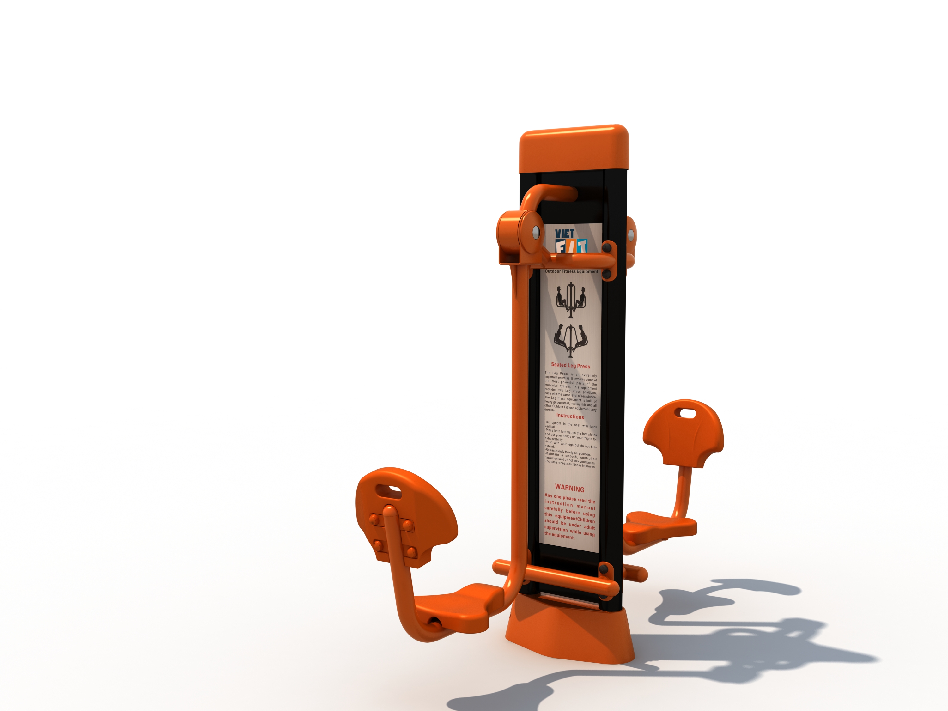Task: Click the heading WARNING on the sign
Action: point(569,488)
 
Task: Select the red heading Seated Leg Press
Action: point(570,366)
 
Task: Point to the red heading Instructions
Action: point(570,416)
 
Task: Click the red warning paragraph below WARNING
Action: point(569,516)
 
